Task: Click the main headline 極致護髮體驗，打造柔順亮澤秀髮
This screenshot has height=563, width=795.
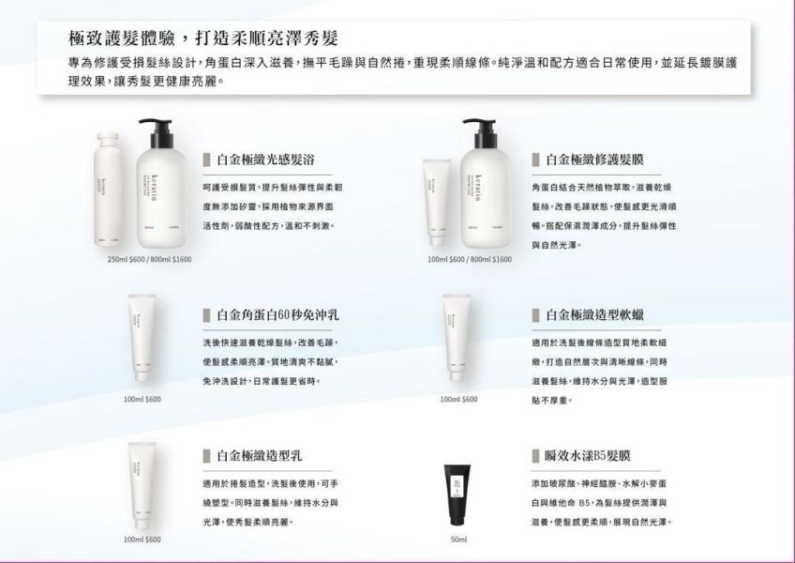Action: [x=203, y=38]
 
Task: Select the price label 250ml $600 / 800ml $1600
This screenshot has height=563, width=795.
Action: [x=150, y=259]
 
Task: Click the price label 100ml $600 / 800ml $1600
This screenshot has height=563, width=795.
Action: [x=470, y=259]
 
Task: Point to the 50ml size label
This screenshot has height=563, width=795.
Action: [x=458, y=540]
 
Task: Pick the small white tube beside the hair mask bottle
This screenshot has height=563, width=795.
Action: [x=435, y=197]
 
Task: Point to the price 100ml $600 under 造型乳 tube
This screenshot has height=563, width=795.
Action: [x=142, y=540]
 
